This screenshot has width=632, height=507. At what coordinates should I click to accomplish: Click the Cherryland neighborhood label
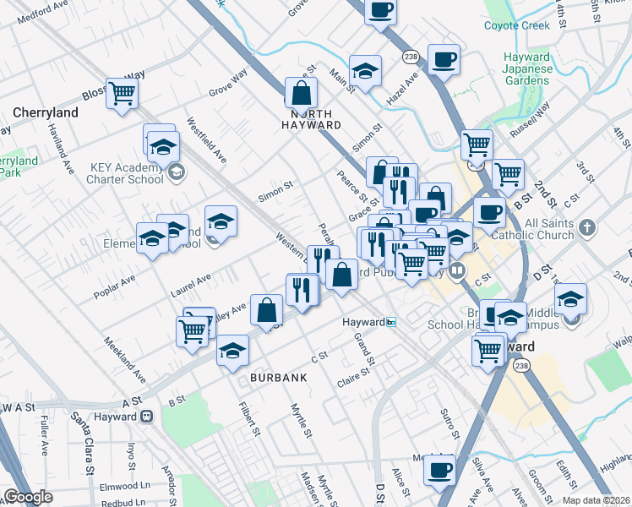point(46,112)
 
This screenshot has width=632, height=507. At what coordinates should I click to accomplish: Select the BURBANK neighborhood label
point(278,378)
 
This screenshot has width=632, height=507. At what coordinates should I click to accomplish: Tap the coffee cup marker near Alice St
point(439,470)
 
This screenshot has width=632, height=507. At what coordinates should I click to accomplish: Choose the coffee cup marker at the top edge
point(380,9)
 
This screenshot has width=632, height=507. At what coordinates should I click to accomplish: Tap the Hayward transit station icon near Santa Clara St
point(146,416)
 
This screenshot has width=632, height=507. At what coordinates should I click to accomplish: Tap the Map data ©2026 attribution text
point(597,500)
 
